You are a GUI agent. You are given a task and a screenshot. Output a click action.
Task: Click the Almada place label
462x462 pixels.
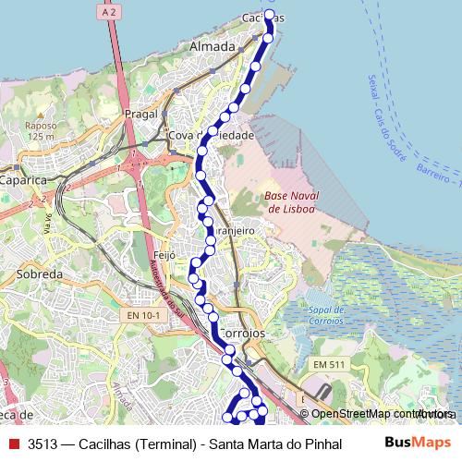pos(212,45)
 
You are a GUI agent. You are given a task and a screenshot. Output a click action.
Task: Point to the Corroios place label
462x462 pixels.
pos(244,332)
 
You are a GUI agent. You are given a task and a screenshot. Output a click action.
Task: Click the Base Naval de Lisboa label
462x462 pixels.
pos(289,202)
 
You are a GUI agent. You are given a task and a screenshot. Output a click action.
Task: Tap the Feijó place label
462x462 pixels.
pos(163,254)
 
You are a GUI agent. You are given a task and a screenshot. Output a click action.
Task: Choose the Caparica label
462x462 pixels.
pos(23,181)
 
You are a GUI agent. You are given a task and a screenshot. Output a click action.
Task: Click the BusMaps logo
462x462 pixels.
pos(418,444)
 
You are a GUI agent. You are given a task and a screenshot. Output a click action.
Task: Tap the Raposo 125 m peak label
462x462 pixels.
pos(41,130)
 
